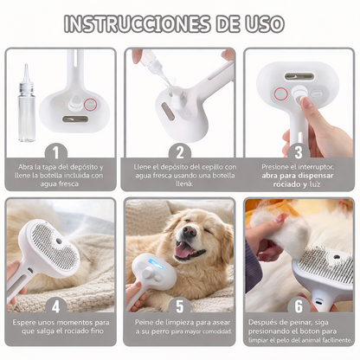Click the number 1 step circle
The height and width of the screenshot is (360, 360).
coord(60,151)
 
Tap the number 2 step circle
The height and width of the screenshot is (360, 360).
coord(180,151)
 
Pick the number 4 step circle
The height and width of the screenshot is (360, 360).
coord(60,305)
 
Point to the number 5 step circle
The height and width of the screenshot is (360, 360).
coord(180,305)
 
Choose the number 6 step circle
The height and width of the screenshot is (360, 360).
coord(298,305)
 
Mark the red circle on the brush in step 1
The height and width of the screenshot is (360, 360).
coord(89,106)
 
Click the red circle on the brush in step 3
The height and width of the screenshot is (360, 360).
coord(280,93)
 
